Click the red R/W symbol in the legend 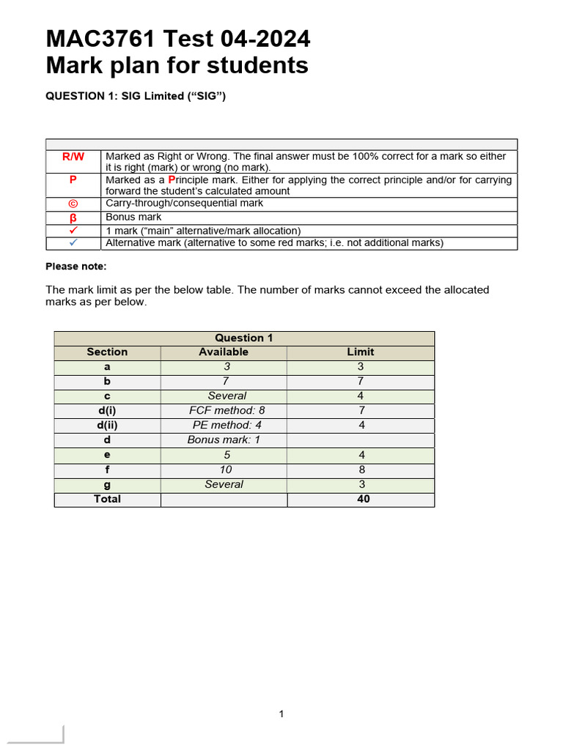(73, 156)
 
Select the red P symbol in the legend (73, 179)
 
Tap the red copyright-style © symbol (73, 203)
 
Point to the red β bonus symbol (73, 217)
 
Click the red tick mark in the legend (73, 230)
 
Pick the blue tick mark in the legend (73, 242)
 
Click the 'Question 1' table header (243, 338)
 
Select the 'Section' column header (107, 352)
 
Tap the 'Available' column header (224, 352)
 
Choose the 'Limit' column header (361, 352)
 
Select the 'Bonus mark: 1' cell (224, 439)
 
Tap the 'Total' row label (107, 499)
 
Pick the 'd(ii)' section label (107, 425)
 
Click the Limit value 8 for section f (361, 469)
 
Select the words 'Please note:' (76, 266)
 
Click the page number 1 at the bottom (281, 714)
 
